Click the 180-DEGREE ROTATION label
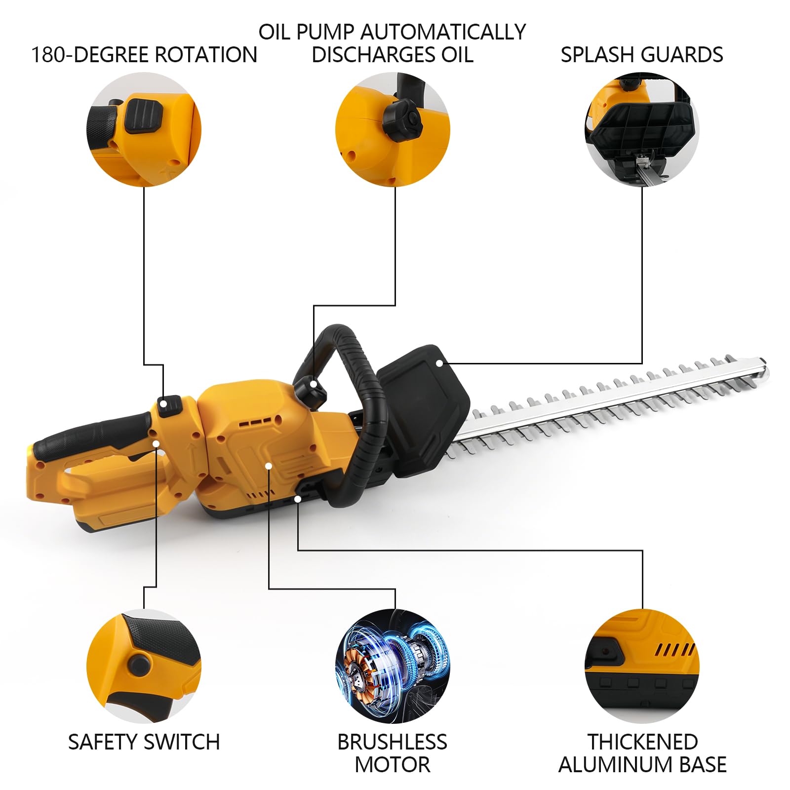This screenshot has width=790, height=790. pyautogui.click(x=144, y=54)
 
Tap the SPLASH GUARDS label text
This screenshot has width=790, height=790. pyautogui.click(x=641, y=54)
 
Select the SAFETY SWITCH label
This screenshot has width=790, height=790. pyautogui.click(x=144, y=742)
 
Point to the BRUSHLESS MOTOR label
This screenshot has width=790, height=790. pyautogui.click(x=393, y=753)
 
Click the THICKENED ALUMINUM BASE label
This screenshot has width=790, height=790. pyautogui.click(x=642, y=753)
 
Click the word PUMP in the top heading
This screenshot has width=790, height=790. pyautogui.click(x=325, y=32)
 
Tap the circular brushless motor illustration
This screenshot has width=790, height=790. pyautogui.click(x=393, y=666)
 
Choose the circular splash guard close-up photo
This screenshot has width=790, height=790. pyautogui.click(x=642, y=129)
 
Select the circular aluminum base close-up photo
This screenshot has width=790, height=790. pyautogui.click(x=642, y=666)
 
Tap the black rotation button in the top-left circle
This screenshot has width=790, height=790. pyautogui.click(x=144, y=115)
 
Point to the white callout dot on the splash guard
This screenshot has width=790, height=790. pyautogui.click(x=439, y=363)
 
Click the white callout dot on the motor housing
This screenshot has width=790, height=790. pyautogui.click(x=269, y=466)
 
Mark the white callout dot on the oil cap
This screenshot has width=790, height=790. pyautogui.click(x=314, y=384)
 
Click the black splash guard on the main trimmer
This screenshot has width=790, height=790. pyautogui.click(x=423, y=410)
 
